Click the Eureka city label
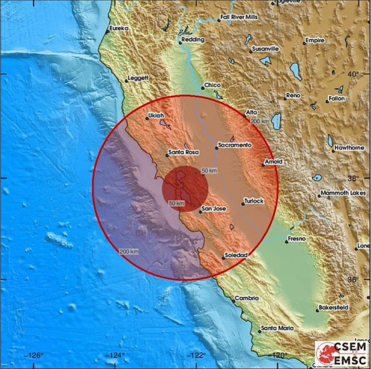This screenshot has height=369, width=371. tap(119, 29)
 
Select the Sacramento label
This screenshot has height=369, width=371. tap(235, 145)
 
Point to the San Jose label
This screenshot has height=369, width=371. tap(214, 209)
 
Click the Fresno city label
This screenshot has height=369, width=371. tap(297, 239)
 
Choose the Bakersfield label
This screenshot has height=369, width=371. tap(333, 308)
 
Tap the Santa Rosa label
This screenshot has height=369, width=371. tap(183, 152)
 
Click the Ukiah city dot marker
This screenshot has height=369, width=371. tap(147, 118)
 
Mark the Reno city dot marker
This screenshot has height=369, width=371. tap(285, 99)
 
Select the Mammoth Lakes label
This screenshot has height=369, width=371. tap(343, 193)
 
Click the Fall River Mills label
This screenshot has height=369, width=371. tap(239, 17)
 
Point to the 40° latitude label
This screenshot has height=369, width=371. tap(353, 74)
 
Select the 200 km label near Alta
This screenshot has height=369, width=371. tap(260, 121)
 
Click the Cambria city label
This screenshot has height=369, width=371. tap(247, 298)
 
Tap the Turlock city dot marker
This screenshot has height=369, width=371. tap(243, 204)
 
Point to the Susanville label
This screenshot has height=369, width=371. tap(265, 49)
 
